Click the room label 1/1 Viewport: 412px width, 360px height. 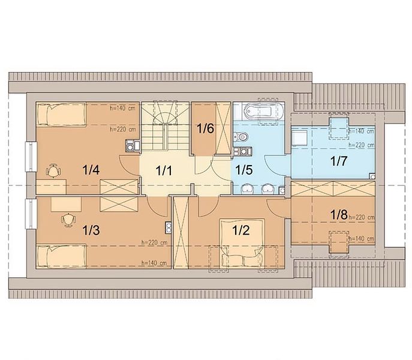click(x=164, y=170)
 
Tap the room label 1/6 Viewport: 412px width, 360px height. click(x=206, y=128)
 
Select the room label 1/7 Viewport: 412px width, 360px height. click(x=339, y=161)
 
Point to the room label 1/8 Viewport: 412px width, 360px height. click(x=339, y=215)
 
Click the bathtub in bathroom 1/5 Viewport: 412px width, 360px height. click(x=264, y=111)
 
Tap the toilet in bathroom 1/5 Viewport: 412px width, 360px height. click(x=241, y=137)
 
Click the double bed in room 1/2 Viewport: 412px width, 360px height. click(x=242, y=243)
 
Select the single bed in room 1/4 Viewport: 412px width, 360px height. click(x=62, y=114)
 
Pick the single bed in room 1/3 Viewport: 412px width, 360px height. click(x=62, y=256)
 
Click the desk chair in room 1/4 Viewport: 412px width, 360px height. click(x=54, y=171)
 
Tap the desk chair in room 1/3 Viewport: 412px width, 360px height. click(x=68, y=220)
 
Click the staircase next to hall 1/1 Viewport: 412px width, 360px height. click(x=166, y=126)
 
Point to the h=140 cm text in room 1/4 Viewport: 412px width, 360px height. click(x=123, y=108)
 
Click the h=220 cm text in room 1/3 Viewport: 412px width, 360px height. click(x=154, y=243)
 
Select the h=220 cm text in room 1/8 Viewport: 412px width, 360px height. click(x=362, y=217)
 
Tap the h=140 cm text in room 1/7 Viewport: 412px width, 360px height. click(x=362, y=131)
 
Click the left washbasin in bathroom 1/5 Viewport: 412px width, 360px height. click(x=247, y=189)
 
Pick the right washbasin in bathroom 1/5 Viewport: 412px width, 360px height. click(x=268, y=189)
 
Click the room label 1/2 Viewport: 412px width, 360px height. click(x=241, y=230)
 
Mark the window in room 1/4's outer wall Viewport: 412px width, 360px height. click(x=31, y=157)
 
